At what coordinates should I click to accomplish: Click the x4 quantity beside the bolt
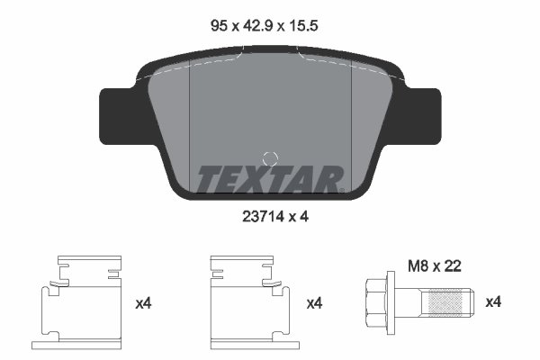click(492, 303)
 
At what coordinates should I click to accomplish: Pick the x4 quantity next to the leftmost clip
click(143, 304)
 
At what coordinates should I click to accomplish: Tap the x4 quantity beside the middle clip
click(314, 304)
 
